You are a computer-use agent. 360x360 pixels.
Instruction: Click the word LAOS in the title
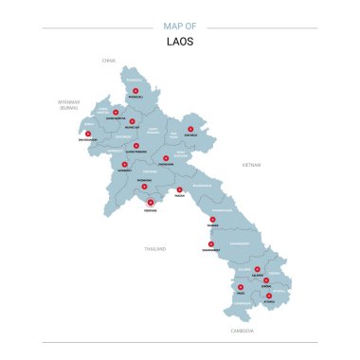click(179, 41)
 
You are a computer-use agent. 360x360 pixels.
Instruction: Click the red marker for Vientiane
click(150, 201)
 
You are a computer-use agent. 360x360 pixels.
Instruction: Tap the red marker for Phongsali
click(135, 91)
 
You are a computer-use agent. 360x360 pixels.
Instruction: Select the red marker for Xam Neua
click(190, 129)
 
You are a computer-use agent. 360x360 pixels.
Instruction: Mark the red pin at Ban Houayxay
click(88, 134)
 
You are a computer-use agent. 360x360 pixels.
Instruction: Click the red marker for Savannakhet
click(210, 243)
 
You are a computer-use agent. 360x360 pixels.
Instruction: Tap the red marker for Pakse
click(241, 287)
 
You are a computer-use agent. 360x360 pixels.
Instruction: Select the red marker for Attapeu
click(268, 296)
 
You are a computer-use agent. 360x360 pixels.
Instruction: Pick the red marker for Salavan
click(257, 269)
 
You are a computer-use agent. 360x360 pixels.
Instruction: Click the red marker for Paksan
click(179, 189)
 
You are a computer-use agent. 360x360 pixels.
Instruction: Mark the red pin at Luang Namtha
click(115, 114)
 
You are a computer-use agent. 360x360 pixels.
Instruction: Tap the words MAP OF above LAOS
click(179, 27)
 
